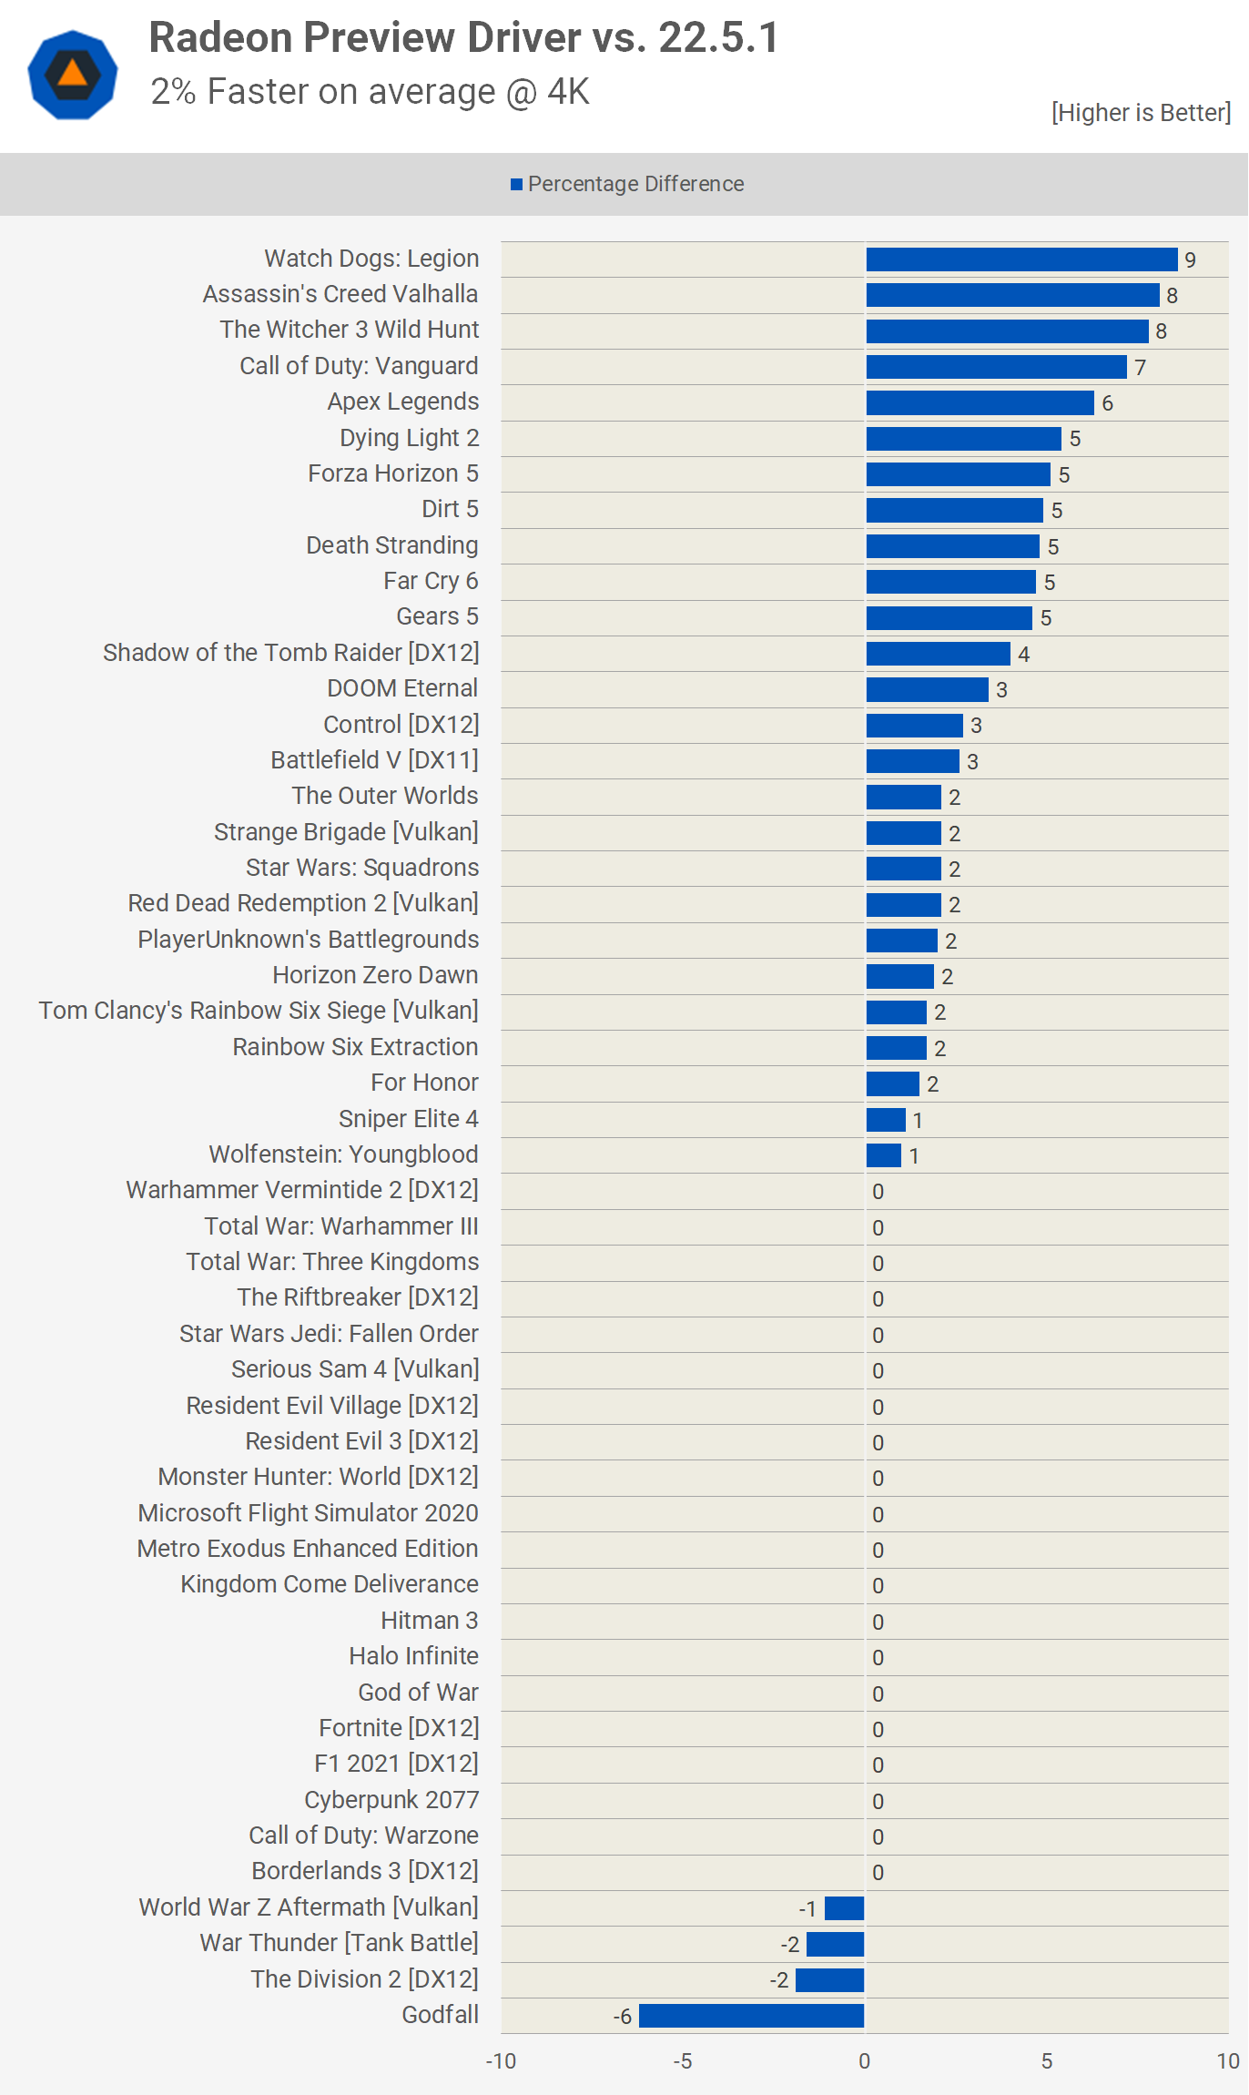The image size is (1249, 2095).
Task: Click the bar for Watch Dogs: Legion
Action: coord(1021,259)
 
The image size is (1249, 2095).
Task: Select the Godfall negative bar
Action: coord(751,2016)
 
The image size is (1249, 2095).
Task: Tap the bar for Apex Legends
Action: coord(980,402)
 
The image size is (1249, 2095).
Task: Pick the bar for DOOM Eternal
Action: coord(927,689)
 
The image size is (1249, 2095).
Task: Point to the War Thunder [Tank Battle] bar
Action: coord(835,1944)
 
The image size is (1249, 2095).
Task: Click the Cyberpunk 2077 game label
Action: coord(391,1800)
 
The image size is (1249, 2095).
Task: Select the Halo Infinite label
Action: coord(413,1656)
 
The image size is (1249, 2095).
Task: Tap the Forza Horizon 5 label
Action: coord(392,473)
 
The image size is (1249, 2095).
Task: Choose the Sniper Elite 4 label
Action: coord(408,1119)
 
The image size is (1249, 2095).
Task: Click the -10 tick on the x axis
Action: coord(501,2061)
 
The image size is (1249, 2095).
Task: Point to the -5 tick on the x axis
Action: coord(683,2061)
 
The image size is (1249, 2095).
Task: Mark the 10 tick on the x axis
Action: coord(1228,2061)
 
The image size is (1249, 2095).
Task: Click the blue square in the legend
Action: coord(516,185)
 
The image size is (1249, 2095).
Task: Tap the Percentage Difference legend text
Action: coord(635,184)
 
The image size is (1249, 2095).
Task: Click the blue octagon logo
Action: coord(73,75)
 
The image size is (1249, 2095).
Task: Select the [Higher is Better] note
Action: coord(1141,113)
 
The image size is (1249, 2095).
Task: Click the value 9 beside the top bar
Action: coord(1190,260)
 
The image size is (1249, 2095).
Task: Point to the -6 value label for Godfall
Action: coord(623,2017)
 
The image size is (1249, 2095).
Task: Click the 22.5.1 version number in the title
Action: coord(718,38)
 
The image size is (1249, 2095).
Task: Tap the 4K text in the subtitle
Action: coord(568,92)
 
